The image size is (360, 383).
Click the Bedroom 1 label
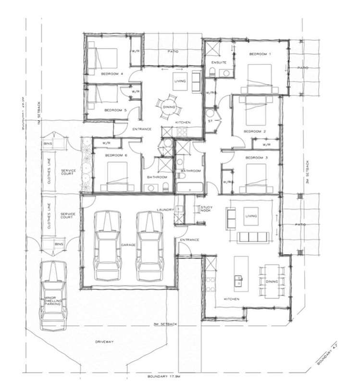(260, 54)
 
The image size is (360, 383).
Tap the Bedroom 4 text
(112, 74)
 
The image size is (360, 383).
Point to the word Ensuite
(212, 63)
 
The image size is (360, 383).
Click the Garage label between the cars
(128, 245)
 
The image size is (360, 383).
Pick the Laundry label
(164, 210)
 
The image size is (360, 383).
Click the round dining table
(170, 106)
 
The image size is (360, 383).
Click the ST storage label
(210, 122)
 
